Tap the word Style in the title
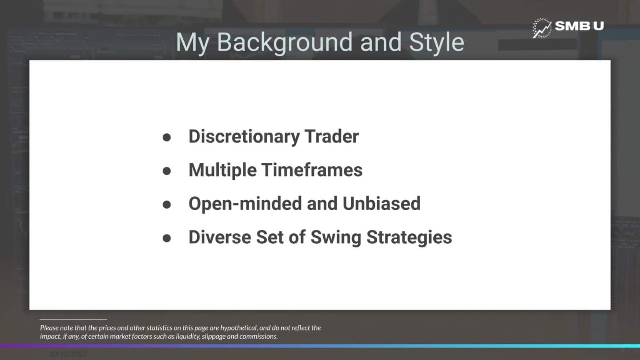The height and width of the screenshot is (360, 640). pyautogui.click(x=436, y=42)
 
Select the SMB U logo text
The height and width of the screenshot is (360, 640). pyautogui.click(x=579, y=26)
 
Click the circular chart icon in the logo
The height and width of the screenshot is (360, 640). pyautogui.click(x=542, y=28)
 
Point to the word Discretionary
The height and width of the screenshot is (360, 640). pyautogui.click(x=244, y=137)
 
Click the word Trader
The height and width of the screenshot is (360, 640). pyautogui.click(x=332, y=137)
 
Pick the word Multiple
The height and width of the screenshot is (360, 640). pyautogui.click(x=222, y=170)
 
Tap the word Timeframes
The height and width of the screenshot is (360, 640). pyautogui.click(x=312, y=170)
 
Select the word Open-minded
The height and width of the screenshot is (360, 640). pyautogui.click(x=245, y=204)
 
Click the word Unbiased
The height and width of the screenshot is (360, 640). pyautogui.click(x=381, y=204)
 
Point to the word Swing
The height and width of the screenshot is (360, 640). pyautogui.click(x=336, y=237)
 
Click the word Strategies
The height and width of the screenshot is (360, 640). pyautogui.click(x=409, y=237)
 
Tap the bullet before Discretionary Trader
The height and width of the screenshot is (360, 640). pyautogui.click(x=167, y=137)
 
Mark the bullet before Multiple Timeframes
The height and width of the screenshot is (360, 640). pyautogui.click(x=167, y=171)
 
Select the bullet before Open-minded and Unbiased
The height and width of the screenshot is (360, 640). pyautogui.click(x=167, y=204)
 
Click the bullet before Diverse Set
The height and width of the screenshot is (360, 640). pyautogui.click(x=167, y=238)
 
